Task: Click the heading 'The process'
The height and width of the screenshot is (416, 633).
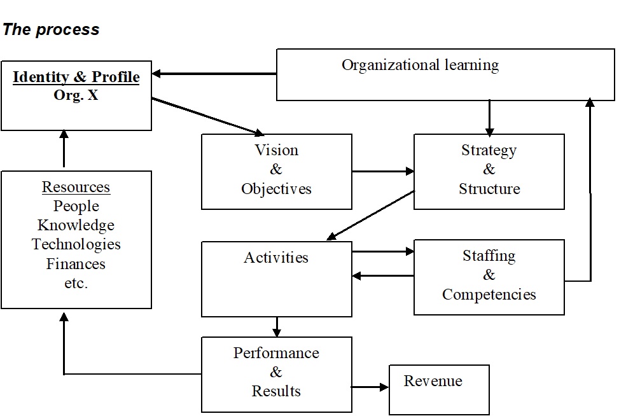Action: point(51,30)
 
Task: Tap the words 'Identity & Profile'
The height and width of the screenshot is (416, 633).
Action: point(76,78)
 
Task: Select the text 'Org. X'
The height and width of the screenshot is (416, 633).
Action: point(76,97)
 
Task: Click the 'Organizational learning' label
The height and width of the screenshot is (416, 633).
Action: point(420,65)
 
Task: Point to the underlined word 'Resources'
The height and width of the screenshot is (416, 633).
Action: point(76,188)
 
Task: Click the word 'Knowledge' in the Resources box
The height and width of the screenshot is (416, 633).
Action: point(76,225)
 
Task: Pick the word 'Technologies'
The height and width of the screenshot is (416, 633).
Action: point(76,244)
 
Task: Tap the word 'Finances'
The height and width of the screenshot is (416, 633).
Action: point(76,263)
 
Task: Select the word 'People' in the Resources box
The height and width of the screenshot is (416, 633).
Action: point(76,206)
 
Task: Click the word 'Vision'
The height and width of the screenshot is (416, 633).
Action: point(276,151)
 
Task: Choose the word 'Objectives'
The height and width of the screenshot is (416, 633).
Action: point(276,189)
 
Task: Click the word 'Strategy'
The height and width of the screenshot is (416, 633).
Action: point(489,151)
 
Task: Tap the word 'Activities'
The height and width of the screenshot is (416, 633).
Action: point(276,258)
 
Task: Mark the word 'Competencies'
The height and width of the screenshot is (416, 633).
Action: point(489,295)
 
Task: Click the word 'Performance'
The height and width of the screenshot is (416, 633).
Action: point(276,353)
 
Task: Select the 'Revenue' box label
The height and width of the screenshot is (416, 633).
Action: point(433,381)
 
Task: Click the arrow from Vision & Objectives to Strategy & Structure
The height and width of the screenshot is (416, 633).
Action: point(382,171)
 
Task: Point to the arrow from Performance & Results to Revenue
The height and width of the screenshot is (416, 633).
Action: point(370,387)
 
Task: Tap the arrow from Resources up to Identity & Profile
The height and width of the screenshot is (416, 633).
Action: point(64,149)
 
